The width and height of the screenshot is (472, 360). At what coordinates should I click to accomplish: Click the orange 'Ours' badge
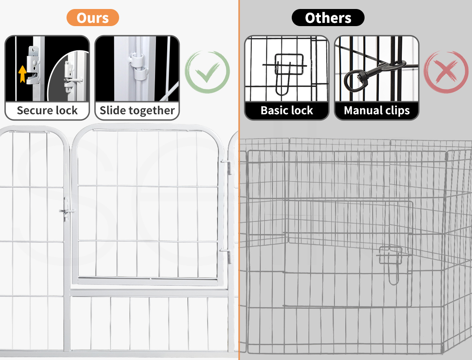point(93,18)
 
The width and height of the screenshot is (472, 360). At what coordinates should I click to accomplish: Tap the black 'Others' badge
point(328,18)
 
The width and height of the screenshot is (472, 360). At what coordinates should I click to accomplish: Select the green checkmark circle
point(207,72)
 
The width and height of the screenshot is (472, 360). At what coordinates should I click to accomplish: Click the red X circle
point(446,72)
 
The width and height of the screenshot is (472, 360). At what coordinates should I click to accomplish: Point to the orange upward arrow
point(22,74)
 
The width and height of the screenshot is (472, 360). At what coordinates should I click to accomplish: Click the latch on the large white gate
point(67,209)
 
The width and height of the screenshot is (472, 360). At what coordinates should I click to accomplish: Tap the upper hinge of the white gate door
point(227,166)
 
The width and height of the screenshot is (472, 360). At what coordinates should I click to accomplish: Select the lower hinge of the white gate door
point(227,255)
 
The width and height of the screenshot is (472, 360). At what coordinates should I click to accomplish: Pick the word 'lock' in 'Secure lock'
point(69,110)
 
